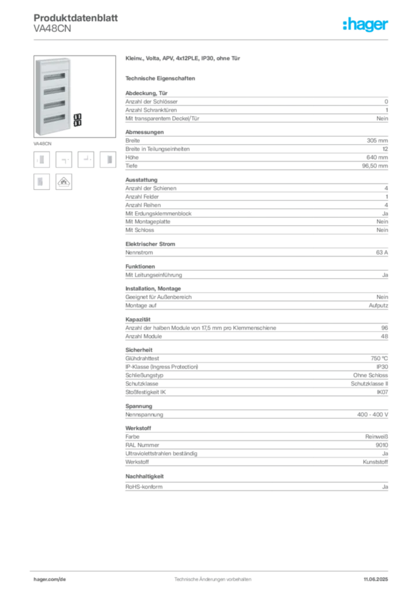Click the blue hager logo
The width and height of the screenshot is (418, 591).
pyautogui.click(x=366, y=25)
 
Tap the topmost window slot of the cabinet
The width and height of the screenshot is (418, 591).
pyautogui.click(x=53, y=76)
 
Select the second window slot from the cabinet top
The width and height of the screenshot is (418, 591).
pyautogui.click(x=53, y=90)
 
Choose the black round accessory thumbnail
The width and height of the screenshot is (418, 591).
pyautogui.click(x=64, y=182)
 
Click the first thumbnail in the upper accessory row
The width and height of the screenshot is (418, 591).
pyautogui.click(x=41, y=159)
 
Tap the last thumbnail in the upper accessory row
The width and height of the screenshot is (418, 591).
pyautogui.click(x=109, y=159)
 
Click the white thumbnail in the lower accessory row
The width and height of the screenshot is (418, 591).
pyautogui.click(x=41, y=181)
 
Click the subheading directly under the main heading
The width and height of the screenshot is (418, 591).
pyautogui.click(x=162, y=78)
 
